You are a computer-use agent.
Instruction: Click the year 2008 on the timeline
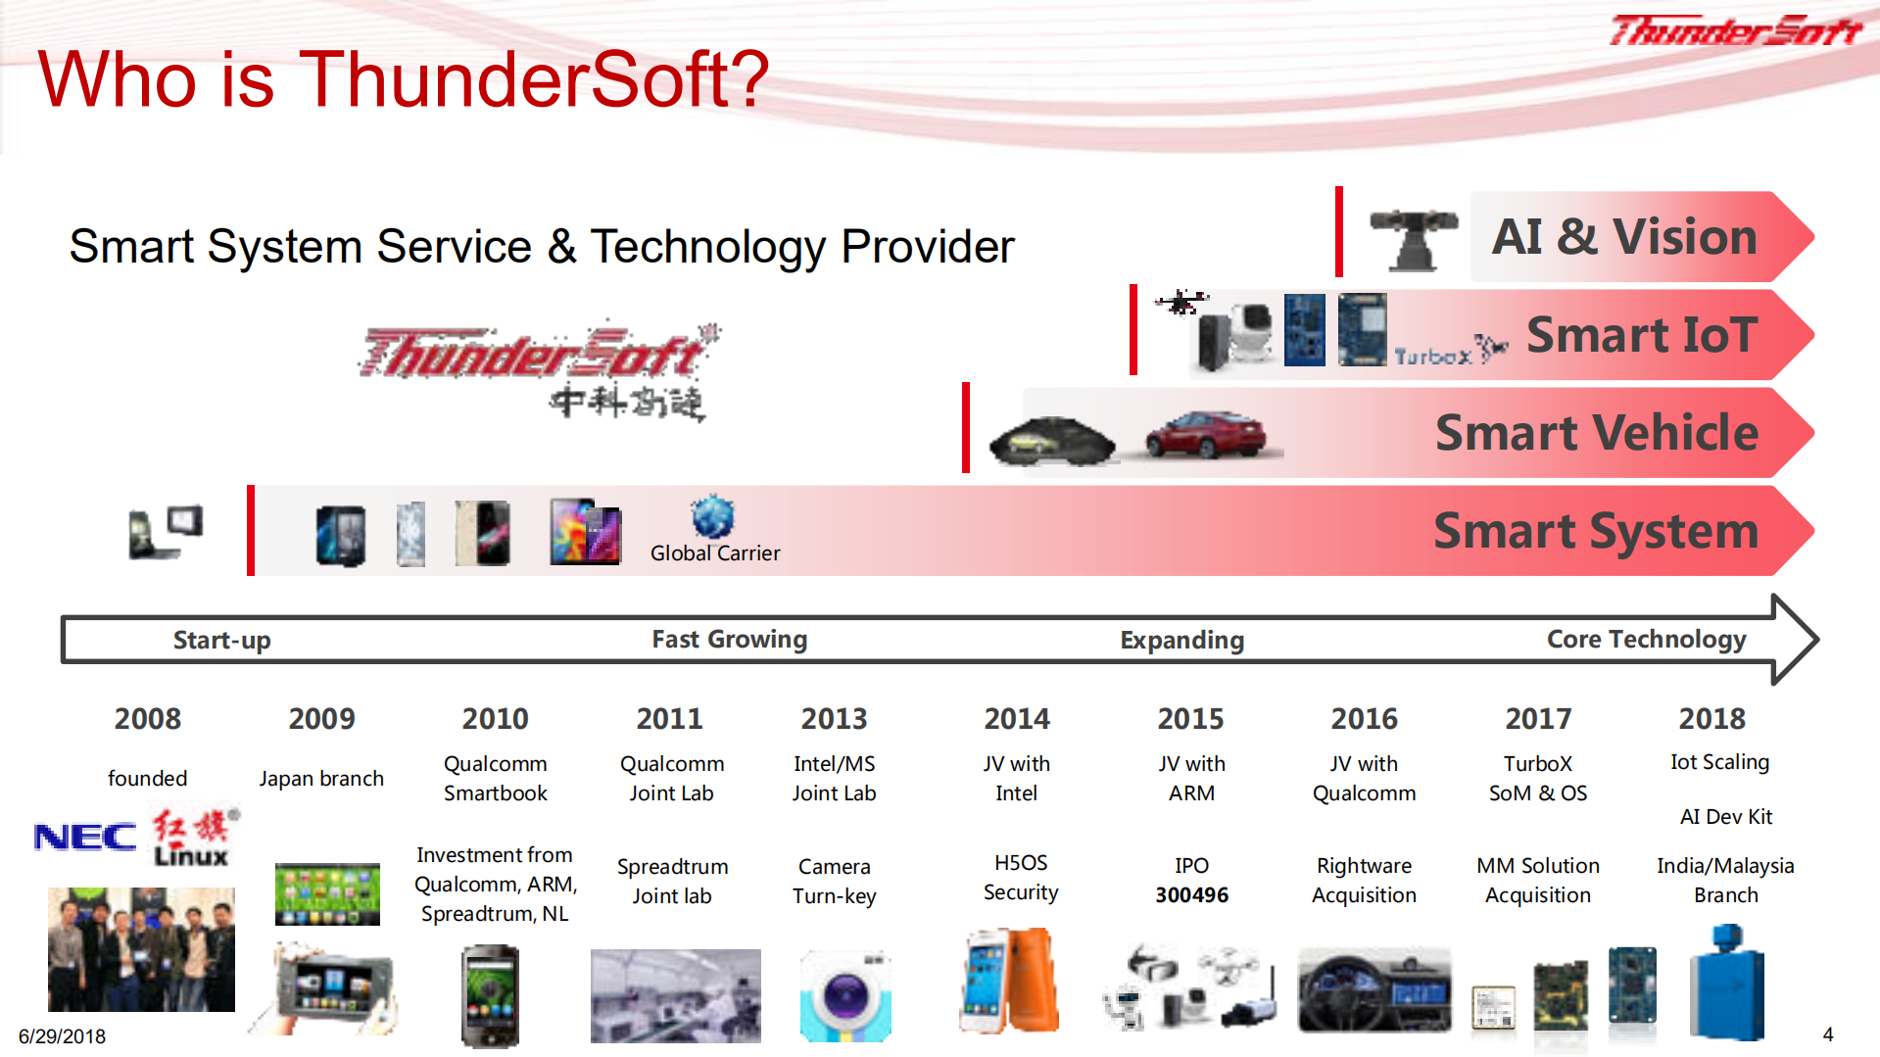pyautogui.click(x=147, y=719)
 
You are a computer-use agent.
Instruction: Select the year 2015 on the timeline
pyautogui.click(x=1190, y=719)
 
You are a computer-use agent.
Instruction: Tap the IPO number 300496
pyautogui.click(x=1191, y=894)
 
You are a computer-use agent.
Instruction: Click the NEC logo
pyautogui.click(x=85, y=838)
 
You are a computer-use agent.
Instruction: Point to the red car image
pyautogui.click(x=1206, y=435)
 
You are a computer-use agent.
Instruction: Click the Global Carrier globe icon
pyautogui.click(x=712, y=516)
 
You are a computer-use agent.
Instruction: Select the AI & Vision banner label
pyautogui.click(x=1624, y=237)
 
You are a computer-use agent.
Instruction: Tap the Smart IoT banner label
pyautogui.click(x=1642, y=335)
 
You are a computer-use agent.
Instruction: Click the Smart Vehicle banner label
pyautogui.click(x=1597, y=433)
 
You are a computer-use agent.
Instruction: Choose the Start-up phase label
pyautogui.click(x=221, y=641)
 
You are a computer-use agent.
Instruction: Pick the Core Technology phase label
pyautogui.click(x=1646, y=640)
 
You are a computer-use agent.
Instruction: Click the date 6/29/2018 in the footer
pyautogui.click(x=62, y=1036)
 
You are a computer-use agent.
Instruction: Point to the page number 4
pyautogui.click(x=1827, y=1034)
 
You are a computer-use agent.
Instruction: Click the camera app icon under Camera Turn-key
pyautogui.click(x=845, y=995)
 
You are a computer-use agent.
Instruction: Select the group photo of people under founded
pyautogui.click(x=141, y=949)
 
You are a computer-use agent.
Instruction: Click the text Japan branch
pyautogui.click(x=321, y=779)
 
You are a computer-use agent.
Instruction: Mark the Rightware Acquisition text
pyautogui.click(x=1364, y=881)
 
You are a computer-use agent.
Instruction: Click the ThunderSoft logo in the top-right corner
pyautogui.click(x=1735, y=31)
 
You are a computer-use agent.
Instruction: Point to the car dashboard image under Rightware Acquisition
pyautogui.click(x=1374, y=989)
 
